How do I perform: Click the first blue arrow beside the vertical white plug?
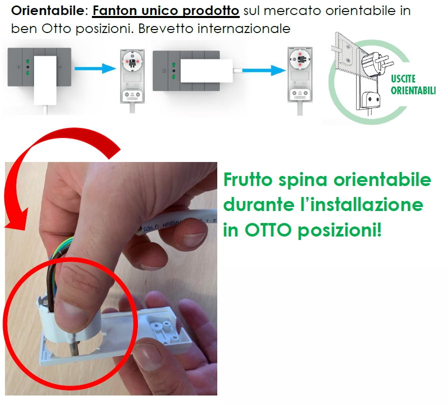95,68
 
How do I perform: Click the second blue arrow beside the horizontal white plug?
264,70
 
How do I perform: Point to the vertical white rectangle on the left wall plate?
45,80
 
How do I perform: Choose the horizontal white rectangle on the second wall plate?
206,70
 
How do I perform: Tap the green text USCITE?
403,79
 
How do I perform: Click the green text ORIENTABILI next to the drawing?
413,90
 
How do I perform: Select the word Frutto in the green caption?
248,179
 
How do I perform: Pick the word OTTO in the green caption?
268,230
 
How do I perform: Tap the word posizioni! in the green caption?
340,230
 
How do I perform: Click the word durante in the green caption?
259,204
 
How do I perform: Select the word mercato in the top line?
293,11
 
